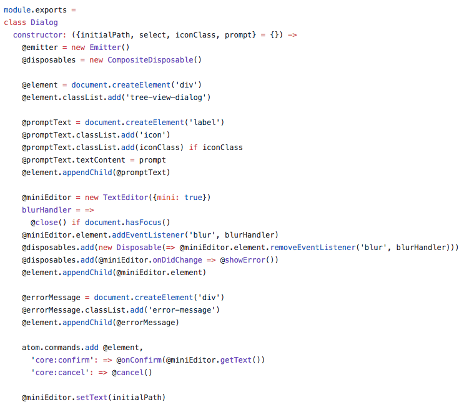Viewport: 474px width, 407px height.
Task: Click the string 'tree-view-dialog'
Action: (170, 98)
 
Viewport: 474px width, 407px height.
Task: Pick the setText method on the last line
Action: (92, 398)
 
